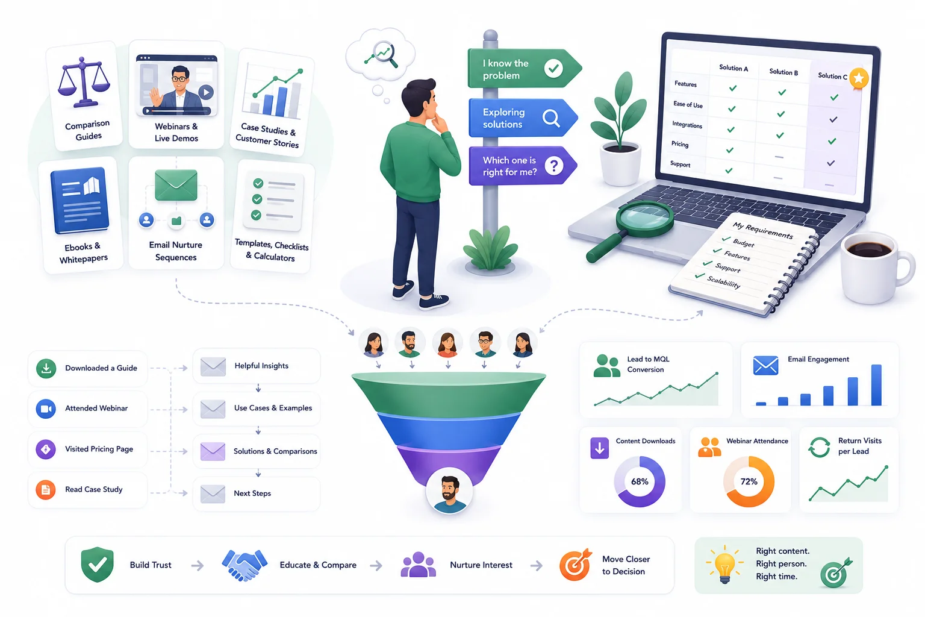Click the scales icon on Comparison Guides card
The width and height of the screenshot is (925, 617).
pos(84,82)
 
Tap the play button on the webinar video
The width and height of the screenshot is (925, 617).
pos(206,92)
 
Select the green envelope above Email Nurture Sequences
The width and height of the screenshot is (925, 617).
pos(176,185)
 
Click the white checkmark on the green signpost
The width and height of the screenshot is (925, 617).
pos(553,67)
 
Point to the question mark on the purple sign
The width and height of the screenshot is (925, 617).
pos(554,166)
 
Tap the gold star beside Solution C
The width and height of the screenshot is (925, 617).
pos(859,78)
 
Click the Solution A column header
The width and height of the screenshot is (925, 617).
pos(733,67)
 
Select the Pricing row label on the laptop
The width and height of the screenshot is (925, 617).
pos(680,144)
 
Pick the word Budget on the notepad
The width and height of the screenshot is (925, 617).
pos(743,243)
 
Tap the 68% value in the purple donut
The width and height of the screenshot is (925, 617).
pos(640,481)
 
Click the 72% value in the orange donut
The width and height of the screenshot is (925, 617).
pos(749,481)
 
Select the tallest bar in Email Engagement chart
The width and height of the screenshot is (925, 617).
pos(876,385)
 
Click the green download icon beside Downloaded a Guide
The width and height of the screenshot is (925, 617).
pos(46,368)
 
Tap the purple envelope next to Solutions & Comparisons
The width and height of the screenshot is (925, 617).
pos(213,451)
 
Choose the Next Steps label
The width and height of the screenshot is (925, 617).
pos(252,493)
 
